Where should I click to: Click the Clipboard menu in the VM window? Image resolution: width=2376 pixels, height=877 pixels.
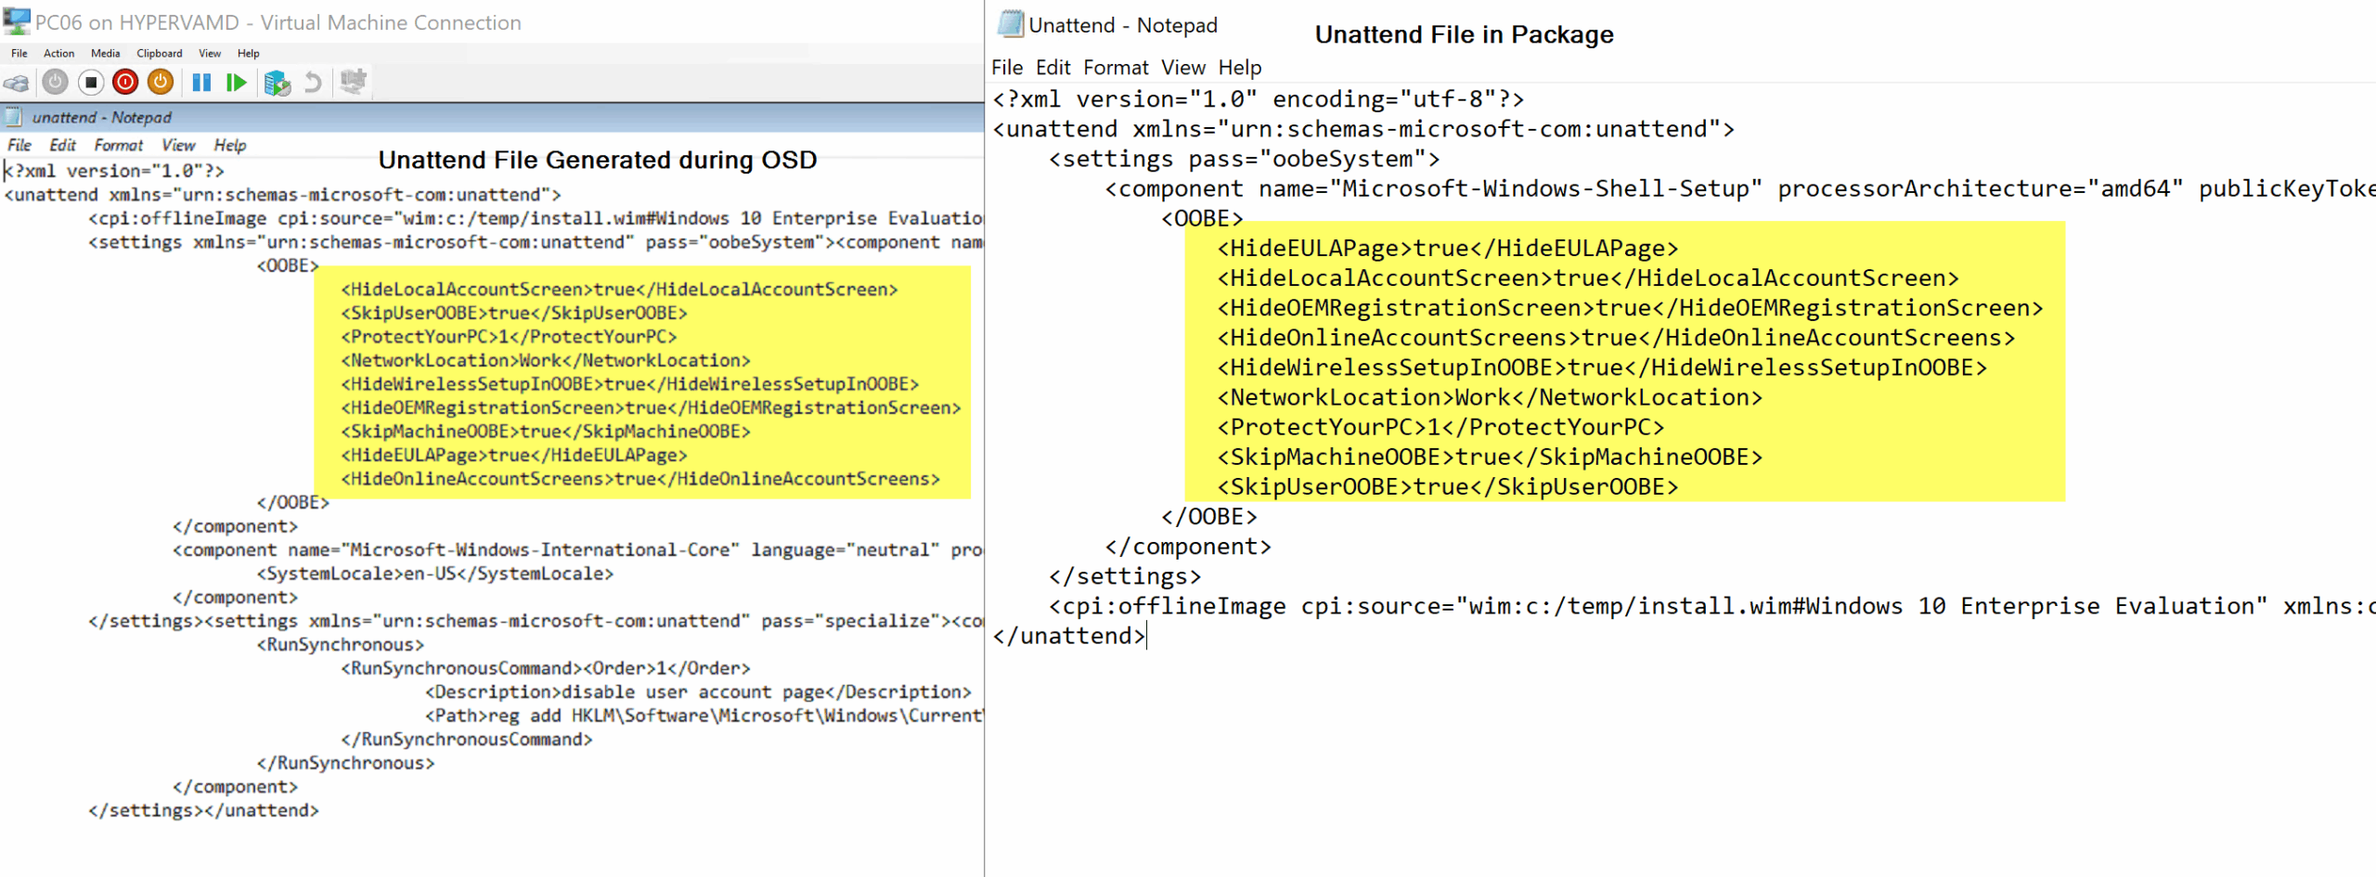[159, 54]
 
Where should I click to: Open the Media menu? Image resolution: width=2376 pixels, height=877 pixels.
[105, 54]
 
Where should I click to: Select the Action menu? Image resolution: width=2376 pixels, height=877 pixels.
[58, 54]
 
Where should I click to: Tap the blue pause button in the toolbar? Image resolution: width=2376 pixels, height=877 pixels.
[201, 83]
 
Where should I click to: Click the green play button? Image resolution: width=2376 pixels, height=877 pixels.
[237, 83]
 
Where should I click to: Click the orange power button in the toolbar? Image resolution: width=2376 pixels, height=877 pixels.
[161, 83]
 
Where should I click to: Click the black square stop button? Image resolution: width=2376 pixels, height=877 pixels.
[90, 83]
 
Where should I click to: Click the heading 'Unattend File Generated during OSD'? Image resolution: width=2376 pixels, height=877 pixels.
[598, 160]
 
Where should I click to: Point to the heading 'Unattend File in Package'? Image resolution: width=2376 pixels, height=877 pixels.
[1464, 34]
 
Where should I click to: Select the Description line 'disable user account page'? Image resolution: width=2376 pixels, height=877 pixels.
[698, 692]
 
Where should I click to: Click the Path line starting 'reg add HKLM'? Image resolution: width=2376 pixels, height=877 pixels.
[704, 716]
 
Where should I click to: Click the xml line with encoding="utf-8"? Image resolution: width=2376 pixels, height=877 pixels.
[1259, 99]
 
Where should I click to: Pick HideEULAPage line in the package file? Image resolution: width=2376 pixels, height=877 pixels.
[1448, 249]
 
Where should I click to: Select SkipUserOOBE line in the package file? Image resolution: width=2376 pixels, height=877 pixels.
[1448, 487]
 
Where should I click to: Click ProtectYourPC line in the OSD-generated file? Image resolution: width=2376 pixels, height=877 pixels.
[510, 337]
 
